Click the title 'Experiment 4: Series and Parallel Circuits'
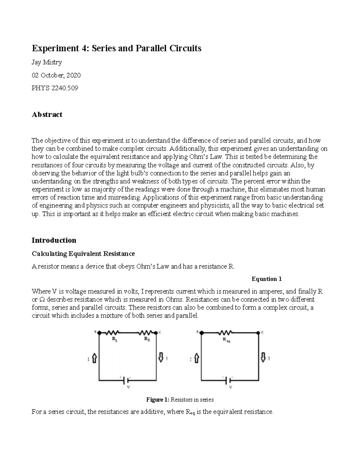116,48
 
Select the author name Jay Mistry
47,62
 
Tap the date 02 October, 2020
56,75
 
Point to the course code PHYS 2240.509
55,88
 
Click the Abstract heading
47,114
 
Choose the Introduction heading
54,240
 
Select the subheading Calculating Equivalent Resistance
83,254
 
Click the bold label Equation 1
266,279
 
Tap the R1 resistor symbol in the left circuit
114,332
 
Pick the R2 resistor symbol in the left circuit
146,332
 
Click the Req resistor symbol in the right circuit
225,332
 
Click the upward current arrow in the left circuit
94,358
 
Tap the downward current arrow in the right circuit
263,357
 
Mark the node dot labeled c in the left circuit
156,332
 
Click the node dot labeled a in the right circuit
201,332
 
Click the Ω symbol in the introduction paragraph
42,299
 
